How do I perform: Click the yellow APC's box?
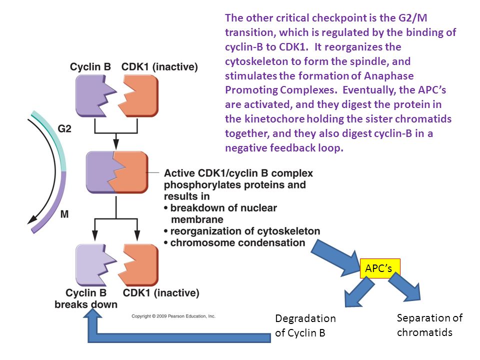click(x=380, y=268)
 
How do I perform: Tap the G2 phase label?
click(x=64, y=128)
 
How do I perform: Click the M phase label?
click(x=64, y=214)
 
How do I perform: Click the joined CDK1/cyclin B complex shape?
click(x=117, y=172)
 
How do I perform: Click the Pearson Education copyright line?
click(x=173, y=316)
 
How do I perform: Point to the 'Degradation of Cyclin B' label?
click(x=305, y=325)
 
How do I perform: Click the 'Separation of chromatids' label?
click(x=429, y=325)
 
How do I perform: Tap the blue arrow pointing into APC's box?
click(x=336, y=258)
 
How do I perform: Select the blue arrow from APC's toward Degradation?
click(x=359, y=292)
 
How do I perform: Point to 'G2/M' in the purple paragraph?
click(x=412, y=18)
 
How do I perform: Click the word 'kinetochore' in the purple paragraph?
click(x=274, y=119)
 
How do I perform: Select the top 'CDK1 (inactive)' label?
click(x=159, y=66)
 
